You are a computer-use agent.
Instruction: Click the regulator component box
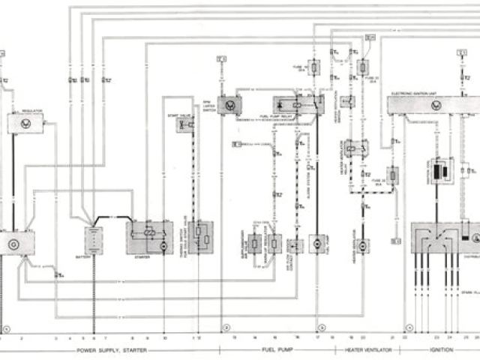[25, 122]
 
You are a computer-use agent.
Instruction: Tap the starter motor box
[149, 237]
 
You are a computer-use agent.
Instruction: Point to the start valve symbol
[184, 124]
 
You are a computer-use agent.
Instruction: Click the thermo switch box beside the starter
[200, 237]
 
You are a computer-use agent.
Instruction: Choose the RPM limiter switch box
[229, 106]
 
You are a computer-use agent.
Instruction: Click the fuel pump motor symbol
[317, 244]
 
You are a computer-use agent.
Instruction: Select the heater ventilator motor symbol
[362, 245]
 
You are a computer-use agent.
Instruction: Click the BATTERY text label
[94, 256]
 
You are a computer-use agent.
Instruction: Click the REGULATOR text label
[32, 110]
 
